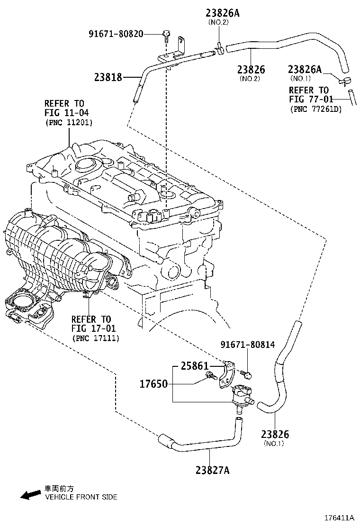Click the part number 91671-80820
pyautogui.click(x=116, y=34)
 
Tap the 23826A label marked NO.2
pyautogui.click(x=222, y=13)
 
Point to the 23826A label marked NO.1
pyautogui.click(x=306, y=70)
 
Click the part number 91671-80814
pyautogui.click(x=247, y=345)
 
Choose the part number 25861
pyautogui.click(x=194, y=366)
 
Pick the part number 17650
pyautogui.click(x=154, y=383)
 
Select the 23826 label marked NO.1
pyautogui.click(x=275, y=434)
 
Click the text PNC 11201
pyautogui.click(x=69, y=122)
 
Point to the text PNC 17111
pyautogui.click(x=95, y=338)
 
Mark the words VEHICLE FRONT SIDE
pyautogui.click(x=81, y=497)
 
